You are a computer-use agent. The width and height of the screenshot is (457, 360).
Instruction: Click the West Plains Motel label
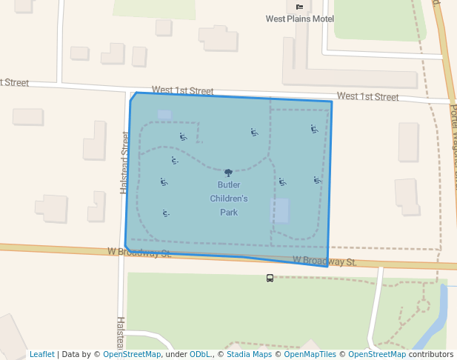click(299, 19)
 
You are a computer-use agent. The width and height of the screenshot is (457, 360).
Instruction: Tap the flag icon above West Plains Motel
click(299, 7)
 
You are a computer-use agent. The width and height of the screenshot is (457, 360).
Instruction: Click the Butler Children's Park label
click(228, 199)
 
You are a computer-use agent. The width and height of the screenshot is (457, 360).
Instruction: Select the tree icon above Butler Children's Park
click(228, 173)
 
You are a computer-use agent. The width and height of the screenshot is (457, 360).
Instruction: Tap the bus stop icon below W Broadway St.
click(270, 279)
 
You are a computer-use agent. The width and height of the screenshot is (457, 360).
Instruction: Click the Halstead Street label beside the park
click(124, 163)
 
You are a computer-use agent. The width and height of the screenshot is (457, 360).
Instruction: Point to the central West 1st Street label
click(182, 90)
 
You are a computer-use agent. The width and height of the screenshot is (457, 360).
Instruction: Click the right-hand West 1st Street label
click(367, 96)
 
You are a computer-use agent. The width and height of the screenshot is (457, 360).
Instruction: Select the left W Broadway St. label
click(139, 253)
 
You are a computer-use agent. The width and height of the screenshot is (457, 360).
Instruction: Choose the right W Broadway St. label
click(324, 261)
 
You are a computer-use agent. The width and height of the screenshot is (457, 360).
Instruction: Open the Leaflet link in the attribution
click(41, 354)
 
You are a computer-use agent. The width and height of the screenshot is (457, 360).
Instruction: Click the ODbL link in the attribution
click(200, 354)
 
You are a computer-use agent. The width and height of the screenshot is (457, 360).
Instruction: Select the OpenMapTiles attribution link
click(310, 354)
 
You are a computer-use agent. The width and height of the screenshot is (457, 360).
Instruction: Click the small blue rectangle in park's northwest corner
click(164, 115)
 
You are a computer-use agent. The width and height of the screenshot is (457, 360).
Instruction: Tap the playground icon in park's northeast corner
click(314, 129)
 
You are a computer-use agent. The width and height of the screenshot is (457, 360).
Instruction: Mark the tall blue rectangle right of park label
click(279, 210)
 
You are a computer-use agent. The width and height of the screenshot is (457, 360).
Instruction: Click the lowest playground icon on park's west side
click(166, 213)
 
